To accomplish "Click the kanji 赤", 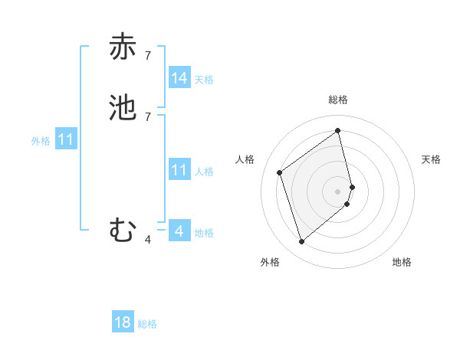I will point(123,47).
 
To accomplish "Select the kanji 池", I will point(123,107).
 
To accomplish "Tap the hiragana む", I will point(123,230).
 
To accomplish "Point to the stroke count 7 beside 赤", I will point(148,55).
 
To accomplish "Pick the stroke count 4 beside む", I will point(148,240).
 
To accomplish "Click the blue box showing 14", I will point(179,78).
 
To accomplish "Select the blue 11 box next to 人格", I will point(179,170).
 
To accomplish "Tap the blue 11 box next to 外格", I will point(66,140).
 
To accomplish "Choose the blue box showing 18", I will point(123,322).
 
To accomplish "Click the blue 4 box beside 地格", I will point(179,231).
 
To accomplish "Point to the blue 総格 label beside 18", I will point(147,324).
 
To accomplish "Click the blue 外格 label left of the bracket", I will point(41,141).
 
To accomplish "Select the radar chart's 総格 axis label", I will point(338,100).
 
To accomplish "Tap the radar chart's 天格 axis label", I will point(432,159).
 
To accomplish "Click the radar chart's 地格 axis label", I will point(402,262).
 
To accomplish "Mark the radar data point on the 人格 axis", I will point(280,172).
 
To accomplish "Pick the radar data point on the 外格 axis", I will point(301,242).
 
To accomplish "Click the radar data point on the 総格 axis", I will point(338,130).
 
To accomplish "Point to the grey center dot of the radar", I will point(338,191).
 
